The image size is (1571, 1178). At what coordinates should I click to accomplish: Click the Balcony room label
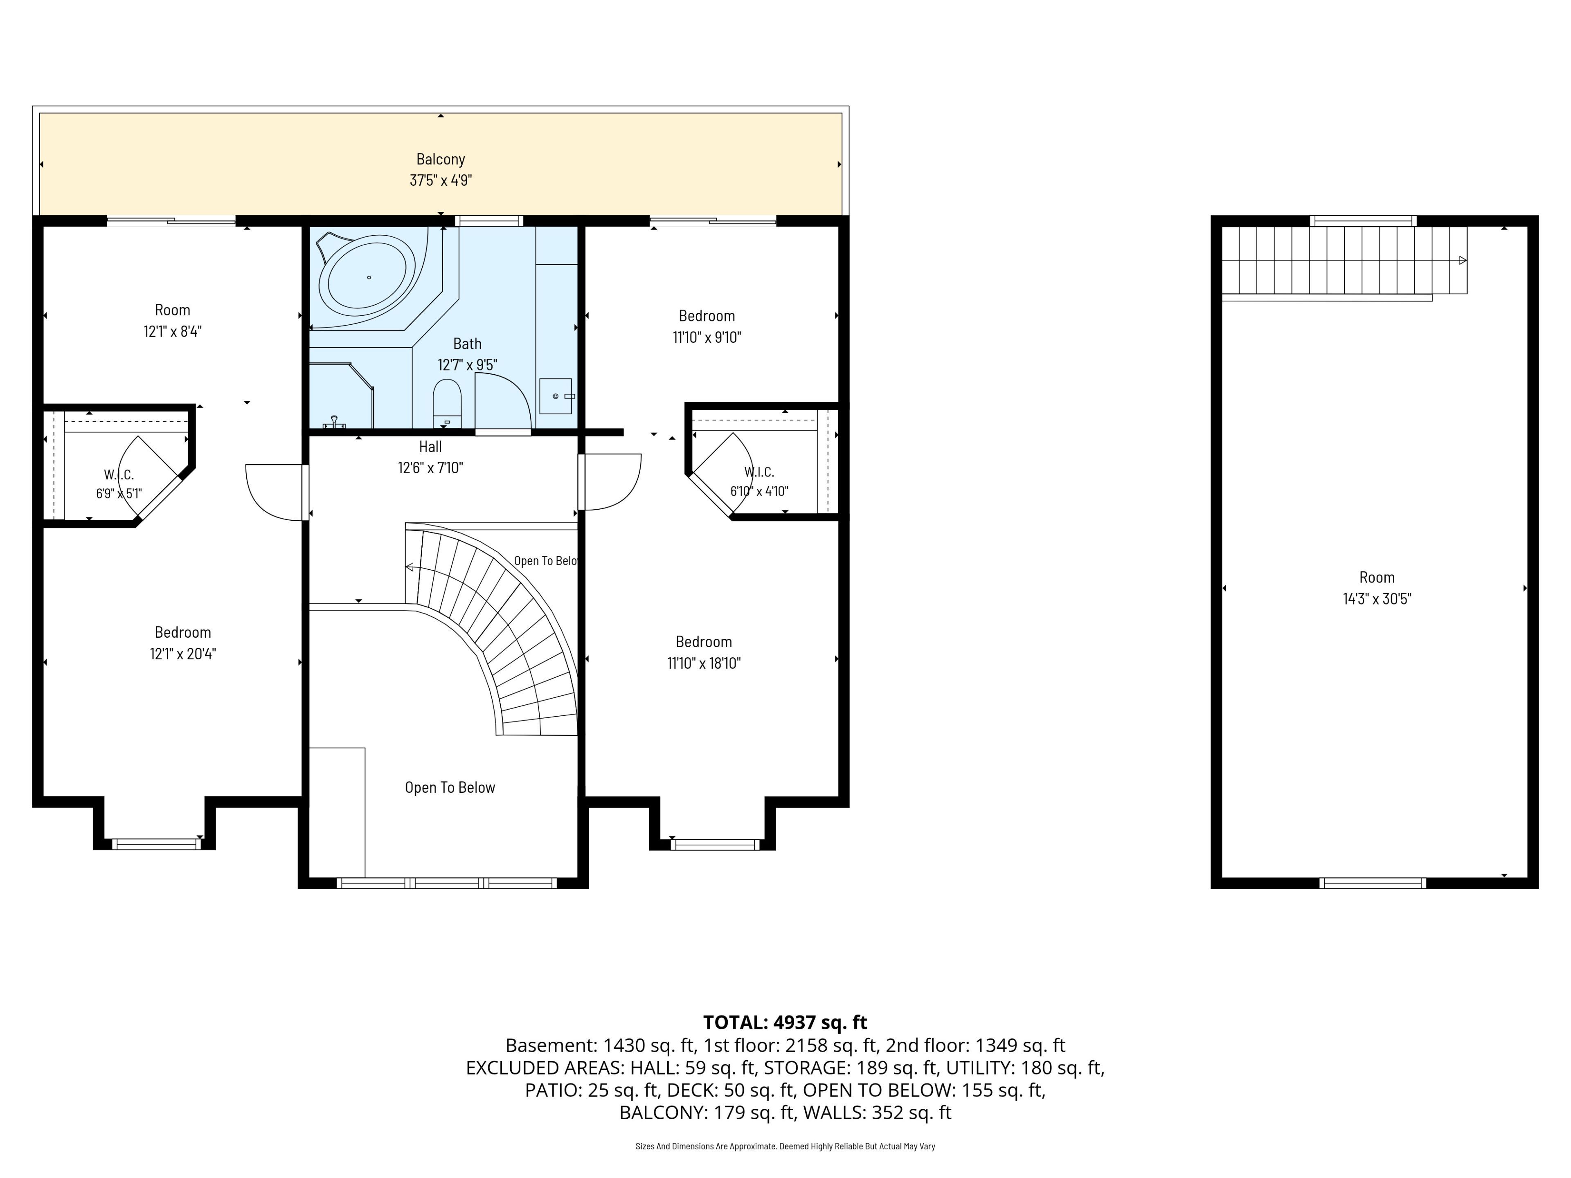pos(440,159)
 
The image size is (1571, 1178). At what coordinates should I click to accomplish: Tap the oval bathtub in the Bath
pos(367,276)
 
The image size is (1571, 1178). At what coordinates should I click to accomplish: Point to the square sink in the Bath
pos(556,396)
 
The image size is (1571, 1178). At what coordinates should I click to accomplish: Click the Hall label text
pos(430,447)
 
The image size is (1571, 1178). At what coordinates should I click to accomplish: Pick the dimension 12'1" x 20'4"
pos(182,653)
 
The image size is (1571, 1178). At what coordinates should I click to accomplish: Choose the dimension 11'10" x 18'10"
pos(704,663)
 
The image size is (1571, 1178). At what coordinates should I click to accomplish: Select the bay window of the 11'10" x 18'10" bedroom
pos(715,844)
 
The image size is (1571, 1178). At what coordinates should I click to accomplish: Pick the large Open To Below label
pos(450,787)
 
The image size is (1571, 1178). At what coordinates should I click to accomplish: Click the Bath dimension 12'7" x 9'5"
pos(467,365)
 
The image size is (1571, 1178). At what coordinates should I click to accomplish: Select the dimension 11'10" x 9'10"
pos(707,337)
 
